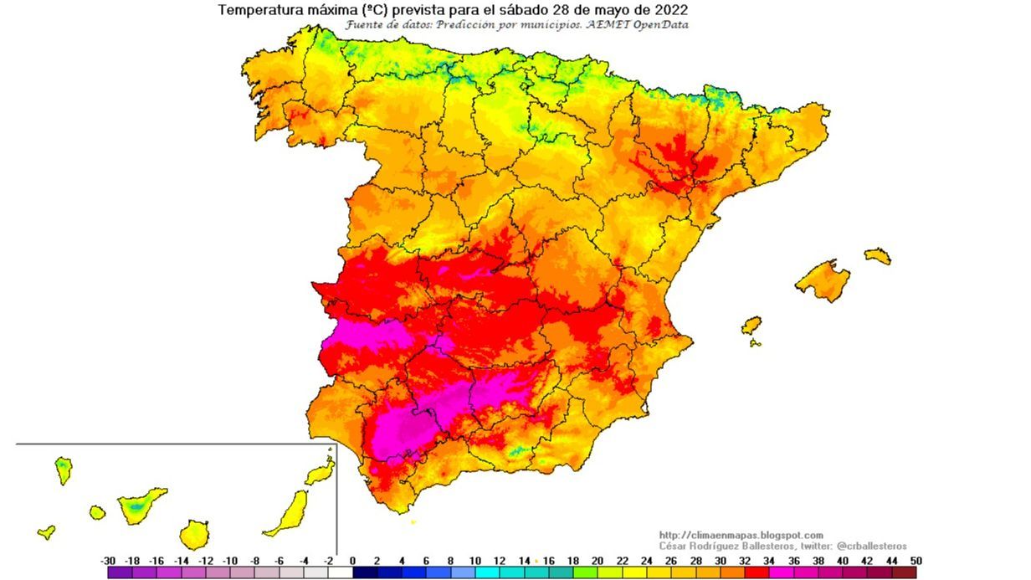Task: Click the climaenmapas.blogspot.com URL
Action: coord(741,535)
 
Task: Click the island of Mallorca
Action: coord(823,281)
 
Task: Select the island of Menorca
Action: coord(878,255)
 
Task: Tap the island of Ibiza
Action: coord(751,325)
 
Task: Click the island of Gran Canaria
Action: coord(194,533)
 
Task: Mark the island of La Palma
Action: coord(64,470)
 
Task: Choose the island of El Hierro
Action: coord(47,531)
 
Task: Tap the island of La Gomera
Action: coord(98,511)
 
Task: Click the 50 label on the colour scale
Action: coord(917,561)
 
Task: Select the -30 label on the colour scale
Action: coord(107,561)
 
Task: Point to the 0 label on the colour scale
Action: coord(352,561)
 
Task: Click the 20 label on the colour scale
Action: coord(598,561)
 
